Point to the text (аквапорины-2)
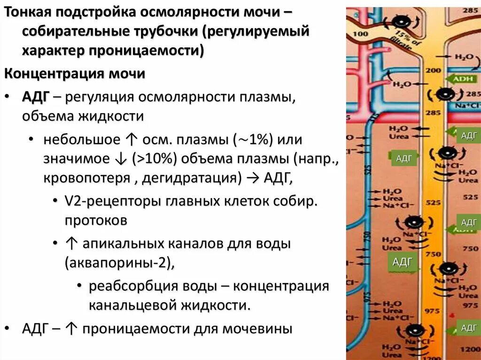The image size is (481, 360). point(120,262)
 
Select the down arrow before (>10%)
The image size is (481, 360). point(120,159)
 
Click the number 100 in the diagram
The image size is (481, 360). point(360,34)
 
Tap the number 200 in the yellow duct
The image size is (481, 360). point(433,70)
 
